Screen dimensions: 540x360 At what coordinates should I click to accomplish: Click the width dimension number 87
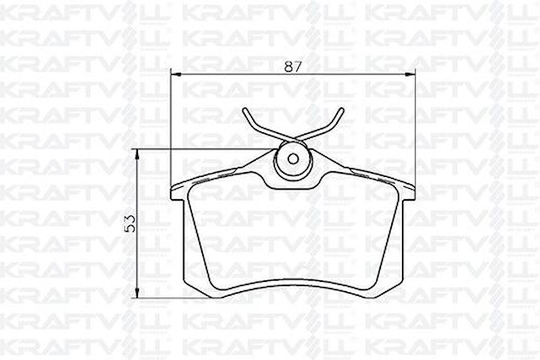[293, 66]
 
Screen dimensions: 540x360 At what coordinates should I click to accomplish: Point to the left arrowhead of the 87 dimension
[176, 74]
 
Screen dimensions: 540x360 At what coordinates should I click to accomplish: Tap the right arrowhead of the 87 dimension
[410, 74]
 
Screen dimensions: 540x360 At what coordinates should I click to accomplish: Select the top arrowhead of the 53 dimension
[137, 154]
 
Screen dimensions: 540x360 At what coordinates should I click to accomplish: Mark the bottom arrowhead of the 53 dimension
[137, 293]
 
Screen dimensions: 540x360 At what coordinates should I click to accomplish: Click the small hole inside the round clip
[293, 159]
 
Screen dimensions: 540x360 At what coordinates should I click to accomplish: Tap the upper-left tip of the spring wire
[244, 109]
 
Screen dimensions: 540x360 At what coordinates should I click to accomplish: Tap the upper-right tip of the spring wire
[342, 109]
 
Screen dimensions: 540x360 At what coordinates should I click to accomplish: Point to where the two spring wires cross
[293, 138]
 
